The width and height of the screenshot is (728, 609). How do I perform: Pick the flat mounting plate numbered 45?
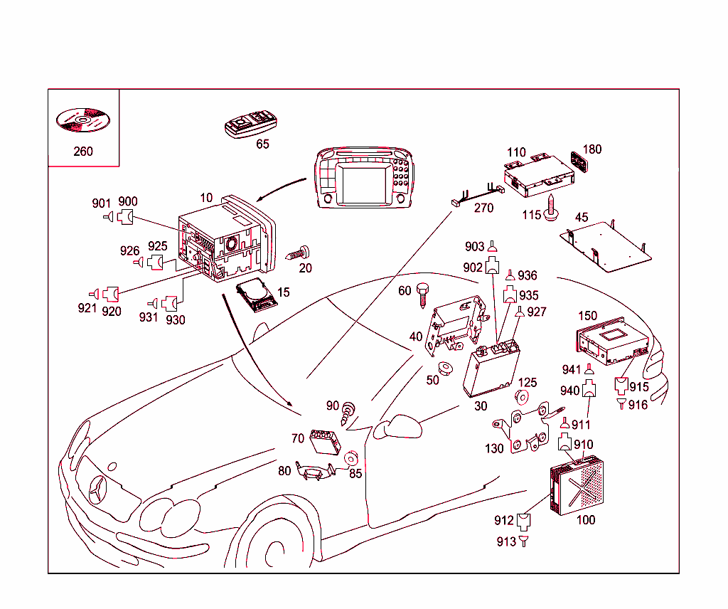coord(608,245)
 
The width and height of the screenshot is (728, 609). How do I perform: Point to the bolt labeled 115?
coord(552,209)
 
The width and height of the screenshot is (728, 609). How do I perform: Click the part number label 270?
coord(483,208)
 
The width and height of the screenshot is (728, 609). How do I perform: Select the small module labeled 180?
coord(580,162)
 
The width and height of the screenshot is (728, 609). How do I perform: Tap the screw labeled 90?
coord(348,413)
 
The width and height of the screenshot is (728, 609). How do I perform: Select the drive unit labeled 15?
coord(257,293)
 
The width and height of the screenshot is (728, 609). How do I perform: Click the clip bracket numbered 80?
coord(314,472)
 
